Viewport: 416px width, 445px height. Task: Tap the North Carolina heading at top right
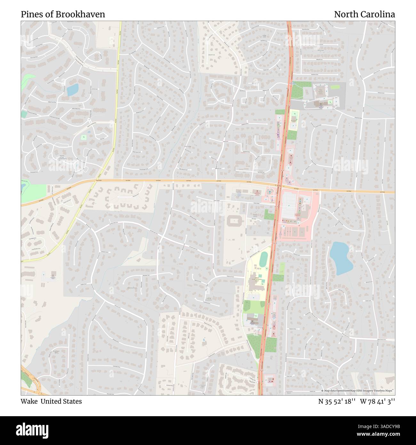tap(364, 14)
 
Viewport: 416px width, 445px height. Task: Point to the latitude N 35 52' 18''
tap(337, 401)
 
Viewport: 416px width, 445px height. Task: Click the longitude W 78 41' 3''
tap(377, 401)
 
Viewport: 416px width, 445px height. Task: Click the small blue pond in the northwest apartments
tap(72, 90)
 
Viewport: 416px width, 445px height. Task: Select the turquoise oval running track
tap(264, 259)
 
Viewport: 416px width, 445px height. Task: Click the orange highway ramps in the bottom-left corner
tap(32, 381)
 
